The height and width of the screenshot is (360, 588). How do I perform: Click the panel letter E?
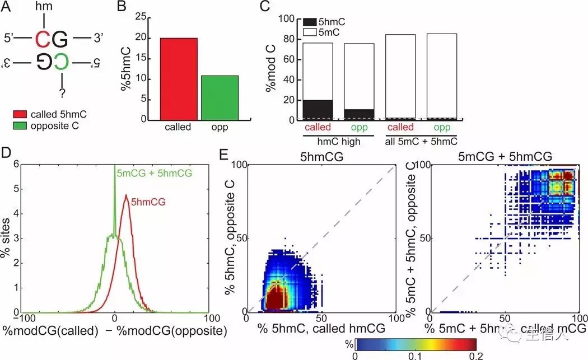click(x=239, y=155)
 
